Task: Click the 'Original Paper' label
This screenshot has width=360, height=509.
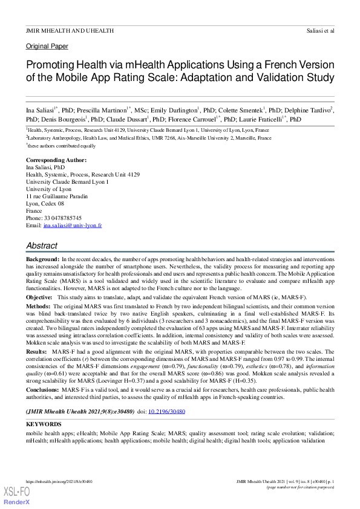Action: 47,47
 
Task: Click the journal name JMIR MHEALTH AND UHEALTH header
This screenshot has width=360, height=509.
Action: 70,30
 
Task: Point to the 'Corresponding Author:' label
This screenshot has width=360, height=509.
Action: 56,160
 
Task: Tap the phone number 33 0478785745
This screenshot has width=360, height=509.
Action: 62,218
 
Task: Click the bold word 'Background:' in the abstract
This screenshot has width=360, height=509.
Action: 42,259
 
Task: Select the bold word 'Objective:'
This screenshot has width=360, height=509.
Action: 39,298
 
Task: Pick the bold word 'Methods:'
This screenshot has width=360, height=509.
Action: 38,306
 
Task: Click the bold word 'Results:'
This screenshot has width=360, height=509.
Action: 36,351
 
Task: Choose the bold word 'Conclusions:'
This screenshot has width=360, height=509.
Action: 42,391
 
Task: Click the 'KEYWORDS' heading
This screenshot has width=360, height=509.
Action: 44,424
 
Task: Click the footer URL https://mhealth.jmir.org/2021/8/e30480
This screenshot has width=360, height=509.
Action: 59,481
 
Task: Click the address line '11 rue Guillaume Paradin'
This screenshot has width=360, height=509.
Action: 56,196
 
